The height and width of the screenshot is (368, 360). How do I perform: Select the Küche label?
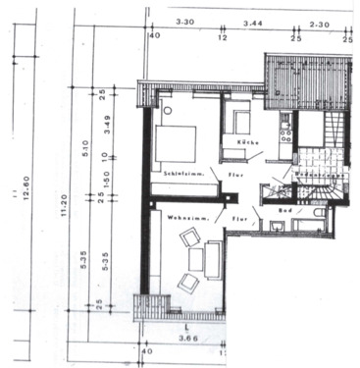[x=245, y=143]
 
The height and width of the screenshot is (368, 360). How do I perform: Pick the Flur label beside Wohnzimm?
[x=239, y=219]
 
